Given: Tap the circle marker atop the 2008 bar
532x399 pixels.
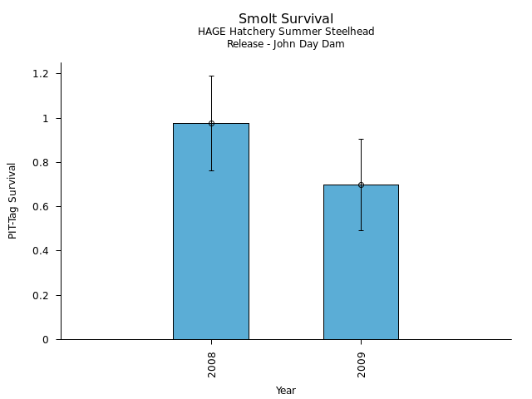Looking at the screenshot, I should tap(211, 123).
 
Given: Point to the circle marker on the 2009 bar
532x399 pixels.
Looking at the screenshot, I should tap(361, 185).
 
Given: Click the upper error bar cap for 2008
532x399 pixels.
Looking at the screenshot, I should tap(211, 76).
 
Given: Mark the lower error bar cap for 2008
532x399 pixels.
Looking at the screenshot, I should tap(211, 170).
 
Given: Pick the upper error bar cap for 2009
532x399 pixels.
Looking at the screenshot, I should tap(361, 139).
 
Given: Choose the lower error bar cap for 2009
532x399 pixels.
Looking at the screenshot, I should tap(361, 230).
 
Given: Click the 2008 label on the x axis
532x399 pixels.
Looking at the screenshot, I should tap(212, 364).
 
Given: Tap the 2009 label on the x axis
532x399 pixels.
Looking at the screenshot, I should tap(362, 364).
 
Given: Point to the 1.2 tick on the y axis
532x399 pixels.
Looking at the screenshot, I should tap(41, 74).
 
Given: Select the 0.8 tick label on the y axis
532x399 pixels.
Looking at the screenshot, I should tap(41, 162).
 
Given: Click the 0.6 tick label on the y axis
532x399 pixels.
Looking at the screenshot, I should tap(41, 207).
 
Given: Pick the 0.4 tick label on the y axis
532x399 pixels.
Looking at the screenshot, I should tap(41, 251).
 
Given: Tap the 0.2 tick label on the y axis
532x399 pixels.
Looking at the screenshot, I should tap(41, 295).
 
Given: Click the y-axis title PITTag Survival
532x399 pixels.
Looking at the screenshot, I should tap(12, 200).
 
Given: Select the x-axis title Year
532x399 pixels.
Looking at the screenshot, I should tap(286, 391).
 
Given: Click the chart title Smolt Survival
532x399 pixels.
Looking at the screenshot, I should tap(286, 19).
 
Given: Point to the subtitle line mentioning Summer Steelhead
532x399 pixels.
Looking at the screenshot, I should tap(286, 32).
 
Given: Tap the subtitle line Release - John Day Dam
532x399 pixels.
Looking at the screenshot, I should tap(286, 44).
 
